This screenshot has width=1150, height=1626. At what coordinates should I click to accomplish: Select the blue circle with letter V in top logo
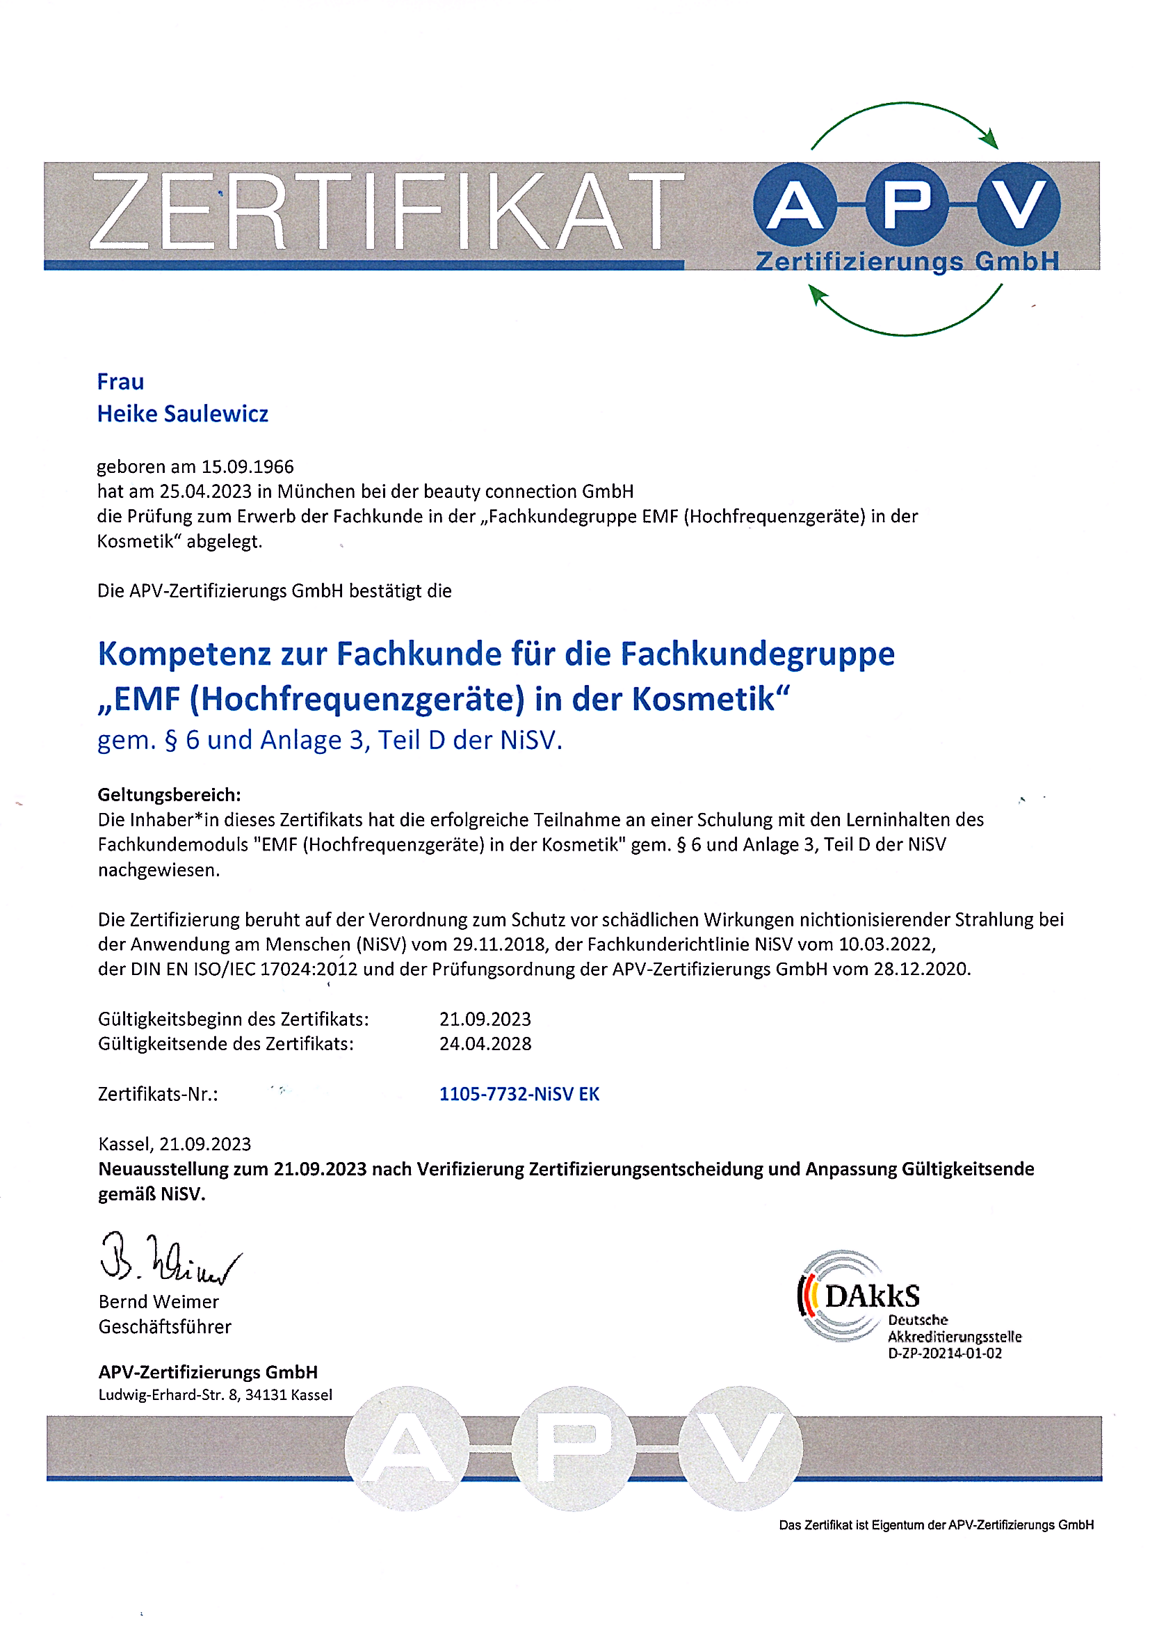[x=1019, y=205]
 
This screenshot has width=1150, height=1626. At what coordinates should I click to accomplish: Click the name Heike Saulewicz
[x=183, y=414]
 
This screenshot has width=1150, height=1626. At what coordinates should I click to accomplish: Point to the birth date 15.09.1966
[x=248, y=467]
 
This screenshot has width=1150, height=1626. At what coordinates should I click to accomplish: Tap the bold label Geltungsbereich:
[x=169, y=795]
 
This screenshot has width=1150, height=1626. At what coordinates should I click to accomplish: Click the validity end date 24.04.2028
[x=485, y=1043]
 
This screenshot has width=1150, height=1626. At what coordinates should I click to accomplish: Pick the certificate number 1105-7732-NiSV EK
[x=519, y=1094]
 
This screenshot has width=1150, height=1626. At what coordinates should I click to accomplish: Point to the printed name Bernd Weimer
[x=159, y=1302]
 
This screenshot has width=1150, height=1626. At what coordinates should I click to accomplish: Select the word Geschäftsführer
[x=165, y=1326]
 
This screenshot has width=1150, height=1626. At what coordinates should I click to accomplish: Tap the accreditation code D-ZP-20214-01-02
[x=945, y=1353]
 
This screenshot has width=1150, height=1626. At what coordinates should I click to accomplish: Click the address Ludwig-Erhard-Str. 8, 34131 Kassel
[x=216, y=1395]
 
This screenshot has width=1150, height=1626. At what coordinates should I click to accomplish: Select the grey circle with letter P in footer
[x=574, y=1447]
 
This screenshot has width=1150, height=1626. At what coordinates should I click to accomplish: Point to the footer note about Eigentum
[x=936, y=1524]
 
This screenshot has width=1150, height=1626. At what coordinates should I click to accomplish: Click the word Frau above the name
[x=120, y=382]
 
